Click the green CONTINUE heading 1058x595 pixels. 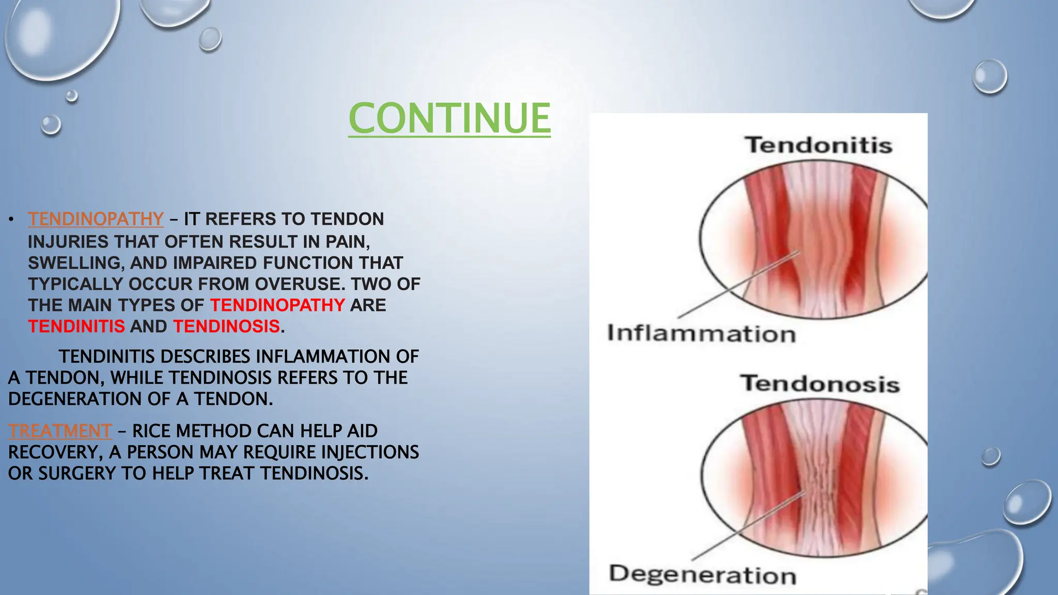(x=449, y=118)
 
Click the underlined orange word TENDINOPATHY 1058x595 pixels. (x=96, y=219)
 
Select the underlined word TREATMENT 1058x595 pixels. (x=60, y=431)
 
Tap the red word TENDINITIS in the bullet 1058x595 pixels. (x=76, y=326)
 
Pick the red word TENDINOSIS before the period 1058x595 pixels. (x=226, y=326)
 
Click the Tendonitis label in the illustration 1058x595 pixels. (x=818, y=145)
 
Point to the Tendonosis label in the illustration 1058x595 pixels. (x=820, y=384)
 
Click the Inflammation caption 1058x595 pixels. (x=701, y=334)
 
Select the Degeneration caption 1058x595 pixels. (x=702, y=575)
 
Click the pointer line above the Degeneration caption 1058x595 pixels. (x=744, y=527)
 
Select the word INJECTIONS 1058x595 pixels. (x=369, y=452)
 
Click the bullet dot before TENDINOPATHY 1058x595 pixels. (x=10, y=220)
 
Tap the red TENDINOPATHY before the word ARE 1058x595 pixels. (x=277, y=305)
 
